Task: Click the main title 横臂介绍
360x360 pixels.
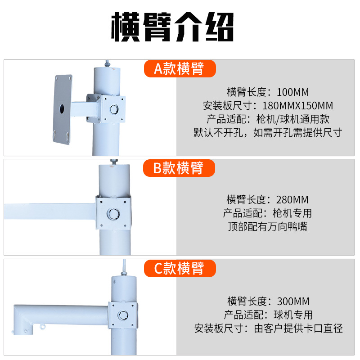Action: pos(173,28)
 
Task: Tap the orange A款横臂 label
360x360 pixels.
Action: pos(180,68)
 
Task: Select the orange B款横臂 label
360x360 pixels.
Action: pos(179,168)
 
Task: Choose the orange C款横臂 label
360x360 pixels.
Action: pos(180,269)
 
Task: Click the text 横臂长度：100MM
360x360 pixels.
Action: pos(268,93)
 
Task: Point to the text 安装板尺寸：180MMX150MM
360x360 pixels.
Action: pos(268,106)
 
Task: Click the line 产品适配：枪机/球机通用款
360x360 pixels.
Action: pos(268,119)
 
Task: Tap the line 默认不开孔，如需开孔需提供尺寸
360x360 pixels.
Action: pos(268,133)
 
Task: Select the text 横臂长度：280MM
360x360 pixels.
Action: pos(268,199)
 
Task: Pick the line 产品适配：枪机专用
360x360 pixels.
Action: pos(268,213)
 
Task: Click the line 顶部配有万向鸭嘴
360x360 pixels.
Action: pos(268,226)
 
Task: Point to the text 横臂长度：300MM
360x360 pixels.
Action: pos(268,301)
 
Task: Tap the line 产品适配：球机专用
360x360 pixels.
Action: pos(268,315)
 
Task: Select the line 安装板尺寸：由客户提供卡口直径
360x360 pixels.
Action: pos(268,328)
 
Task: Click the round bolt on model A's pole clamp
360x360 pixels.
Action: pos(114,108)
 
